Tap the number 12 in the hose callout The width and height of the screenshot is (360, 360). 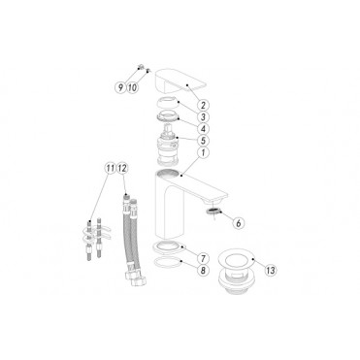[123, 168]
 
